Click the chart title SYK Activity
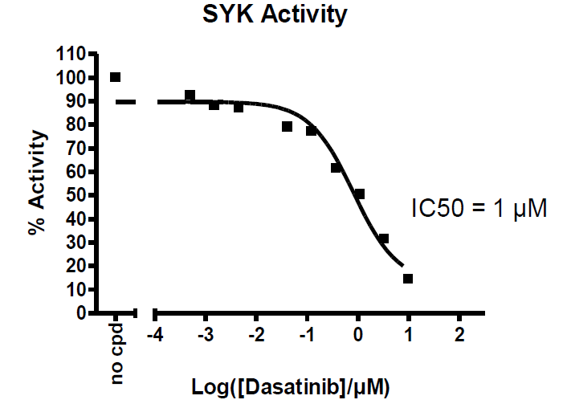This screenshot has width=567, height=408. [x=276, y=15]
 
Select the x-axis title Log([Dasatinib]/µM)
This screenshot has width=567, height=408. [x=291, y=388]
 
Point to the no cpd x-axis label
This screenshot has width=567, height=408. [x=118, y=353]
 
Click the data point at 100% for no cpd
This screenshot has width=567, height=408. [x=116, y=77]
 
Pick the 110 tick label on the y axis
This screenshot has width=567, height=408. [x=71, y=54]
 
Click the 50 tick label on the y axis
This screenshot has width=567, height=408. [x=76, y=195]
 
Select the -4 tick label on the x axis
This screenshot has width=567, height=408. [x=155, y=333]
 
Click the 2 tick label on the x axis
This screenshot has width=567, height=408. [x=459, y=333]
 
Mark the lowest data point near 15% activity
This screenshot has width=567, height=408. [x=408, y=279]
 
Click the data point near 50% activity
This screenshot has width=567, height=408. [x=359, y=194]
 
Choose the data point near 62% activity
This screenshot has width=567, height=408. [x=336, y=168]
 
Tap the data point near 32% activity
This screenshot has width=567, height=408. [x=384, y=239]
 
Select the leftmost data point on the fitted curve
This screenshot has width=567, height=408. [x=190, y=96]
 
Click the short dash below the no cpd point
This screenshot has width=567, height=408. [x=126, y=102]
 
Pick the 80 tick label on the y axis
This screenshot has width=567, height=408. [x=76, y=124]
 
